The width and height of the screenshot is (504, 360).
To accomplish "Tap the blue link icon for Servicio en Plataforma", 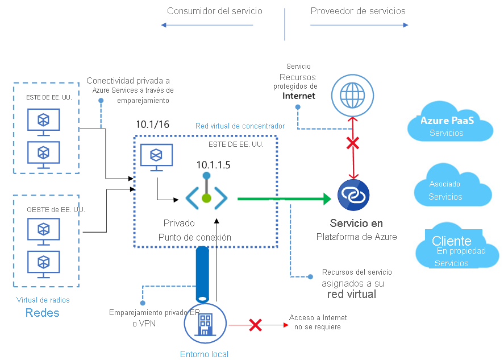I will pyautogui.click(x=353, y=194).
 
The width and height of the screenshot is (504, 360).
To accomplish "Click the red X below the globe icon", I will pyautogui.click(x=353, y=143).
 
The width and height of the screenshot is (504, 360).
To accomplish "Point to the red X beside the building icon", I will pyautogui.click(x=256, y=325).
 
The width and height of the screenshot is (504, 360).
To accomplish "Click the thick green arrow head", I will pyautogui.click(x=324, y=199).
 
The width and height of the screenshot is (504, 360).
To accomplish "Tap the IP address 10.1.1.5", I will pyautogui.click(x=214, y=165).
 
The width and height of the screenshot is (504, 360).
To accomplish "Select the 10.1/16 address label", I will pyautogui.click(x=152, y=125).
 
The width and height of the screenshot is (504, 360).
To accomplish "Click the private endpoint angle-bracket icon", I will pyautogui.click(x=206, y=198).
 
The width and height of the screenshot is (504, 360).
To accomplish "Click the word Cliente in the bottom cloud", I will pyautogui.click(x=452, y=241).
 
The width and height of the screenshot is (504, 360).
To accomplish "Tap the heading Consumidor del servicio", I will pyautogui.click(x=215, y=11).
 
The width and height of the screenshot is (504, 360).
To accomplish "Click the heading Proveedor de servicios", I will pyautogui.click(x=358, y=11).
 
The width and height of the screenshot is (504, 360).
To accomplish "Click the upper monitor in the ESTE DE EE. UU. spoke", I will pyautogui.click(x=43, y=121).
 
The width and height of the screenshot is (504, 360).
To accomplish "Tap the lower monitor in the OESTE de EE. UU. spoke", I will pyautogui.click(x=43, y=264).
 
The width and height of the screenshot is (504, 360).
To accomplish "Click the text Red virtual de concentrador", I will pyautogui.click(x=240, y=126).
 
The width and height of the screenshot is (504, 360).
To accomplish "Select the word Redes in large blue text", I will pyautogui.click(x=42, y=313).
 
